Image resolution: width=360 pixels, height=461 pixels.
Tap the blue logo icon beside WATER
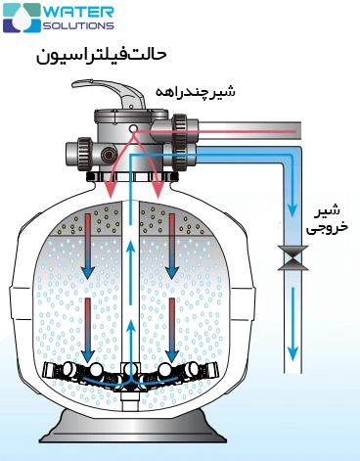pyautogui.click(x=22, y=17)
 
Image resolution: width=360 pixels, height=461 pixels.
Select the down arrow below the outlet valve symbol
pyautogui.click(x=291, y=337)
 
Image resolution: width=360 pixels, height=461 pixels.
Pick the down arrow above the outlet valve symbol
pyautogui.click(x=291, y=204)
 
